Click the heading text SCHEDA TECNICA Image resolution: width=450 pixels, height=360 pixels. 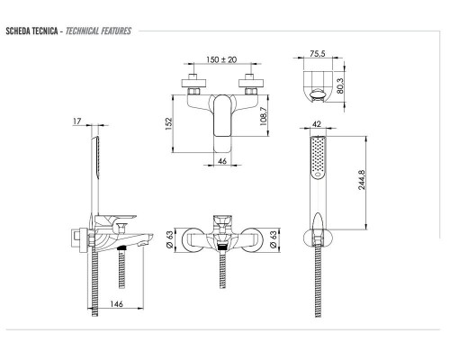30,31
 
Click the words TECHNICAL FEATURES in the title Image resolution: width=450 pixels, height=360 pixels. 98,31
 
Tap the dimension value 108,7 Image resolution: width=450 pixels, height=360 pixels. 262,117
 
